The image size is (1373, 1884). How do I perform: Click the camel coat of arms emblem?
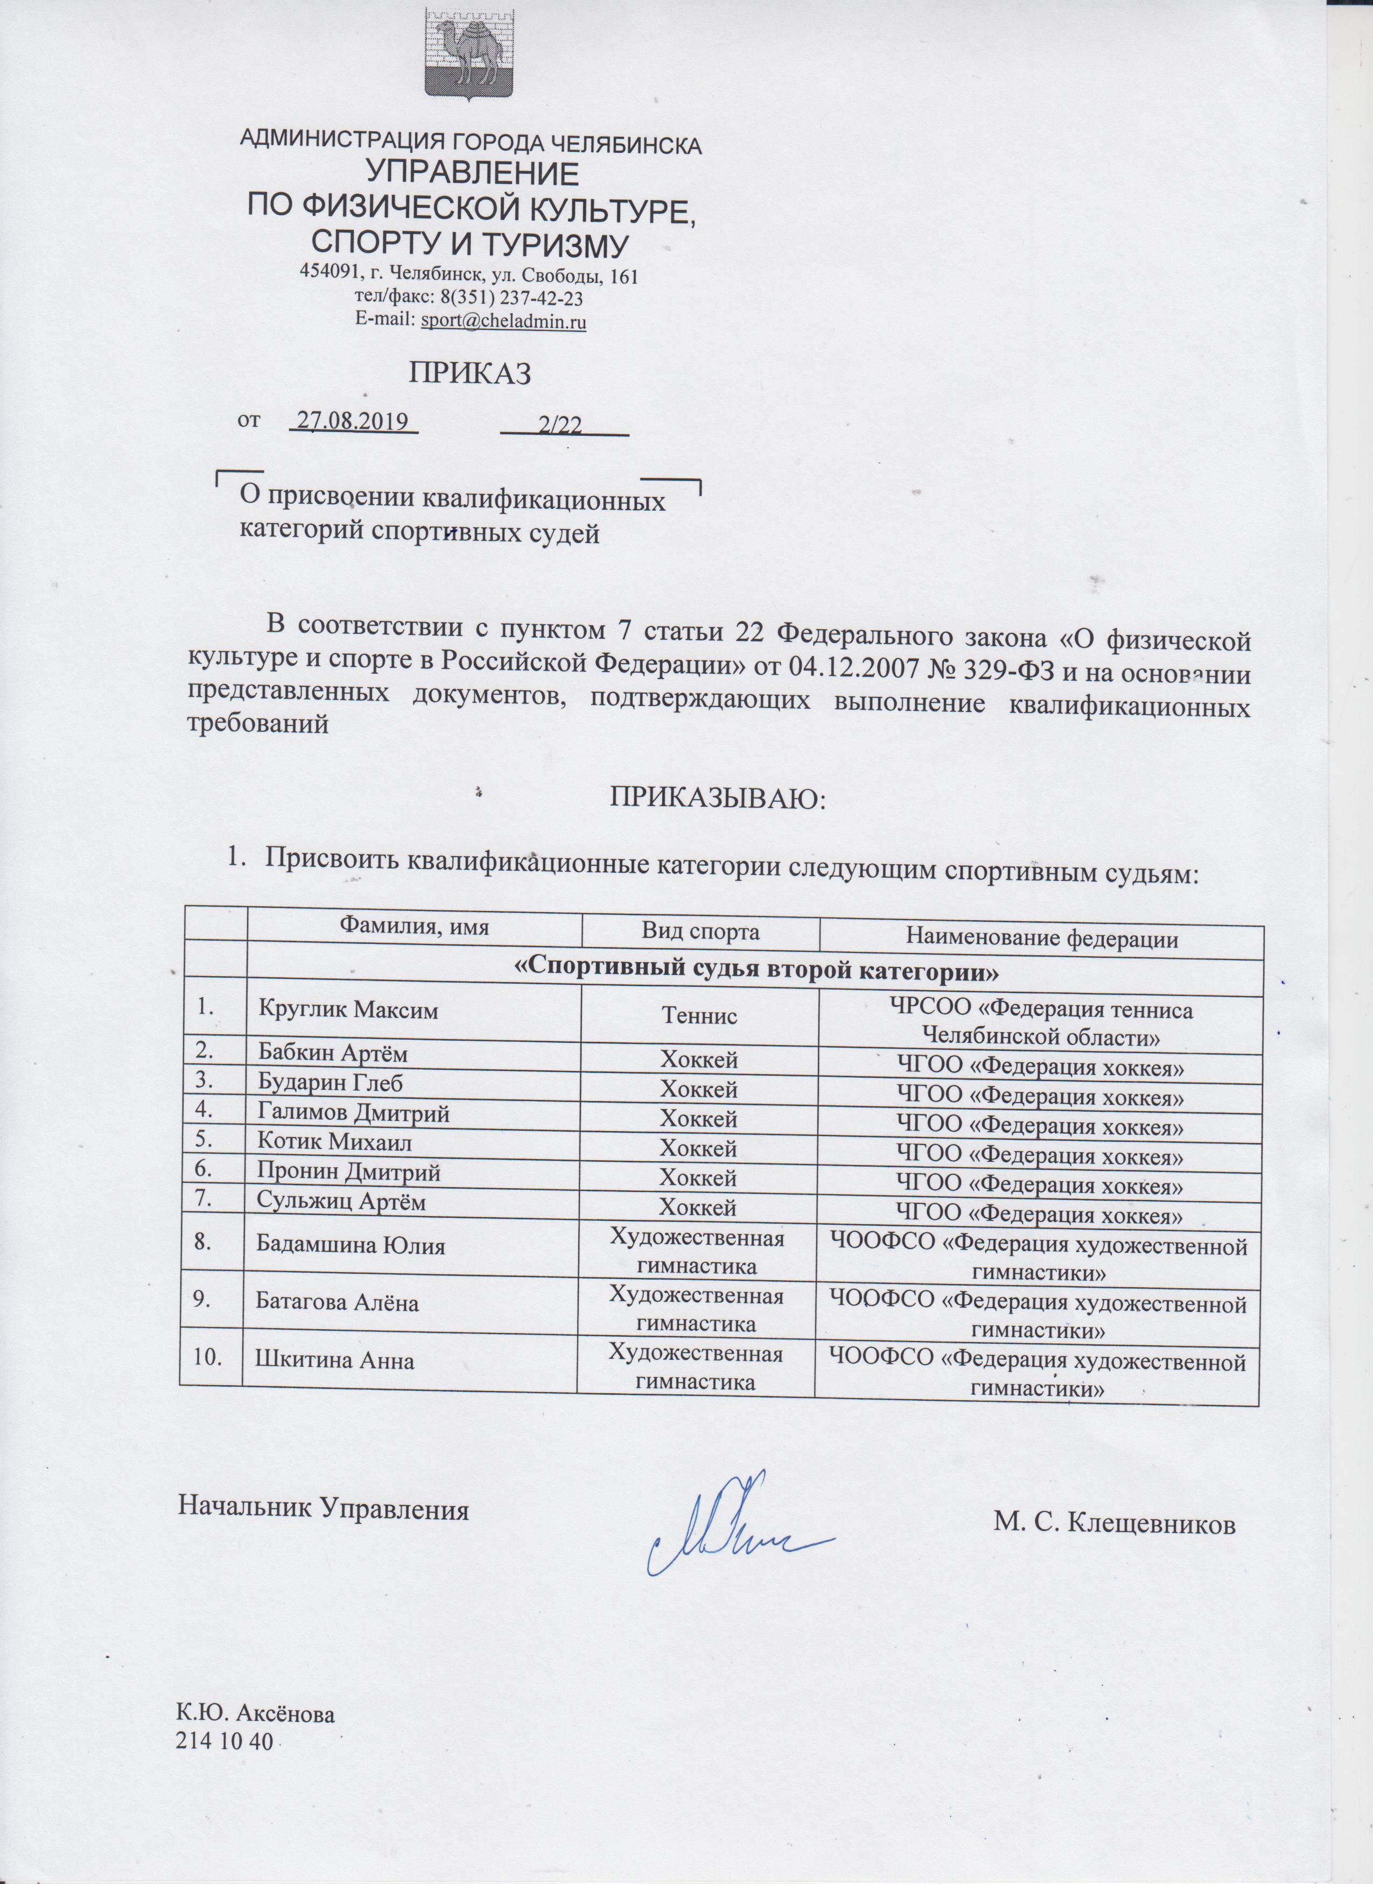click(471, 54)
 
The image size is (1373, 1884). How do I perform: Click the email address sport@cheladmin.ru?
click(503, 321)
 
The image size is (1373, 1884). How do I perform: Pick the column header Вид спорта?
click(700, 932)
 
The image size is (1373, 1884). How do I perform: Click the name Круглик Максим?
click(348, 1010)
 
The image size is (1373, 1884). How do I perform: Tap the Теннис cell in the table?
click(699, 1015)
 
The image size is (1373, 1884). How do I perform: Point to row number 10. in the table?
click(207, 1357)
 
